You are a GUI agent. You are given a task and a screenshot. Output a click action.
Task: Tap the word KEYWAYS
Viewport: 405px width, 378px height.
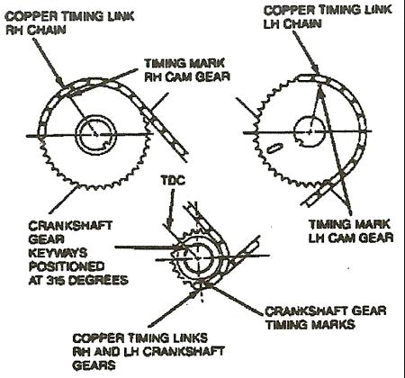(58, 253)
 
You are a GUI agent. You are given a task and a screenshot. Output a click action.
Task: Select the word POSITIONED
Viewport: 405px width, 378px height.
(67, 266)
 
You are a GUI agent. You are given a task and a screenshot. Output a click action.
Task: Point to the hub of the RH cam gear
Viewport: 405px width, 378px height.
(95, 134)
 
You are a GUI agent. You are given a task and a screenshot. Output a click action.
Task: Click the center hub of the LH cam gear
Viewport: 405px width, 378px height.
(310, 131)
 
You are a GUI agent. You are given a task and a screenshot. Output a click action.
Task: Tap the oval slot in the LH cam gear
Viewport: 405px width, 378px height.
(274, 148)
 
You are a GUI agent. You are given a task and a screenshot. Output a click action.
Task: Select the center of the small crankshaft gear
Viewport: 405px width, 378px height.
(198, 257)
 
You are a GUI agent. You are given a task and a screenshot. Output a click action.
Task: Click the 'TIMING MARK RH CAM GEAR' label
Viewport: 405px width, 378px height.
(187, 70)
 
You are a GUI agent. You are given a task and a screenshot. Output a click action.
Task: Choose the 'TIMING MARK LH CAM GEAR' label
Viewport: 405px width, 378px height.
(351, 231)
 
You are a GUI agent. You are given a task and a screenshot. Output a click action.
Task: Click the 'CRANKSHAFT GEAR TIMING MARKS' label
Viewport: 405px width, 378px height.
(326, 318)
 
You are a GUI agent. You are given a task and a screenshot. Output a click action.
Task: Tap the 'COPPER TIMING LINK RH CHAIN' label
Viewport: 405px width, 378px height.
(69, 23)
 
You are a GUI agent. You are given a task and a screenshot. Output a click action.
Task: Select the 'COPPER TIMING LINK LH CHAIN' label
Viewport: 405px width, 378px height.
(328, 17)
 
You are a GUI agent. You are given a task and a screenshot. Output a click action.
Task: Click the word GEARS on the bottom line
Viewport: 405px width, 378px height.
(94, 365)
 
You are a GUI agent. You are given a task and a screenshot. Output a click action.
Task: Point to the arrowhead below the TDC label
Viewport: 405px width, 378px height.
(170, 224)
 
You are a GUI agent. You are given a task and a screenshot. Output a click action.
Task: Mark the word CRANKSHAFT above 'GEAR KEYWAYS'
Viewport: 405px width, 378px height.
(70, 226)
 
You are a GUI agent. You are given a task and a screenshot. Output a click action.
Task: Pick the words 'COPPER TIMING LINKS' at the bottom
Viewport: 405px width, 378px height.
(139, 338)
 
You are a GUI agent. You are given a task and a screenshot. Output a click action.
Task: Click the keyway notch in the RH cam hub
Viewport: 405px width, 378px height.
(105, 145)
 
